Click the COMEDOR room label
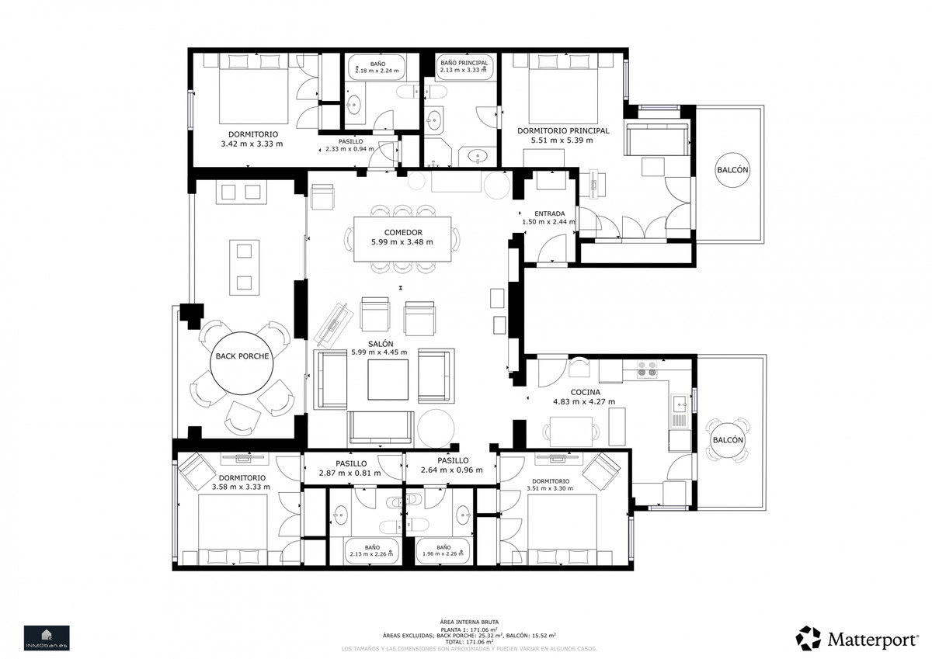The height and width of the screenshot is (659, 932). pos(402,232)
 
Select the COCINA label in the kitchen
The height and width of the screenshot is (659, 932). pos(583,391)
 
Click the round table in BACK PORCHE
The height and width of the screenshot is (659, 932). pos(242,356)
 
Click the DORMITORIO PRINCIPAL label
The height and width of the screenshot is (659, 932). pos(563,131)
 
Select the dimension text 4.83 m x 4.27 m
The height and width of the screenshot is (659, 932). pos(583,402)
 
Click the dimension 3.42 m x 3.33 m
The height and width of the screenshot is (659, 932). pos(252,144)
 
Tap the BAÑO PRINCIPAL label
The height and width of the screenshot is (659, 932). pos(464,62)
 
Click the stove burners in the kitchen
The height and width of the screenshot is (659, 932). pos(647,369)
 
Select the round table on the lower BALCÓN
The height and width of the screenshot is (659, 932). pos(728,440)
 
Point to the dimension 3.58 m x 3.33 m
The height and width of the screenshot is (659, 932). pos(241,487)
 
